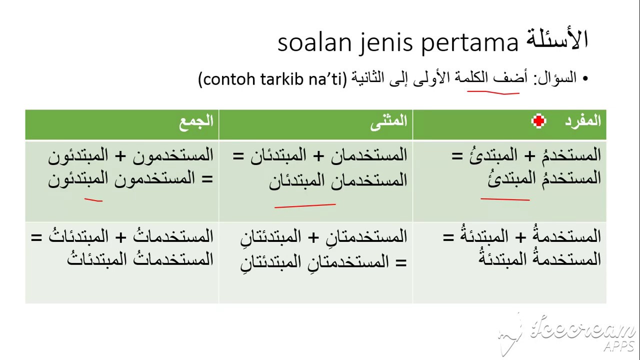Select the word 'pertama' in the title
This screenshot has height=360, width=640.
pyautogui.click(x=469, y=43)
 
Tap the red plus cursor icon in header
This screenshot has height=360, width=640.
pyautogui.click(x=538, y=121)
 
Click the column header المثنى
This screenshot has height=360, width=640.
pyautogui.click(x=388, y=122)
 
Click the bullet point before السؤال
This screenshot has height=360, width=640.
pyautogui.click(x=585, y=78)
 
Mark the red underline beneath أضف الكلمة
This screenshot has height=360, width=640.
pyautogui.click(x=493, y=92)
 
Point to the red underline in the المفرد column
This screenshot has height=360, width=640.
pyautogui.click(x=505, y=199)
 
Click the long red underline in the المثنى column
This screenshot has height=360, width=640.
pyautogui.click(x=305, y=205)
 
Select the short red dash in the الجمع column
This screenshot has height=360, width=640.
pyautogui.click(x=93, y=199)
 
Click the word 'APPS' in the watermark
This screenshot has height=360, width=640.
pyautogui.click(x=619, y=346)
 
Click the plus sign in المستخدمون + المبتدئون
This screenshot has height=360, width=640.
pyautogui.click(x=120, y=156)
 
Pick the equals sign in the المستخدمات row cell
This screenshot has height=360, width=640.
pyautogui.click(x=36, y=237)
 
